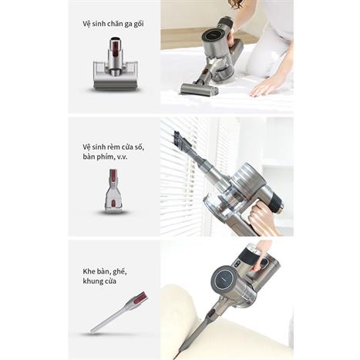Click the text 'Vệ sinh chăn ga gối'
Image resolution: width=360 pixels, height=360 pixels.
(113, 24)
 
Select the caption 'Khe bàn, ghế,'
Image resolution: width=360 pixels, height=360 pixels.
(105, 271)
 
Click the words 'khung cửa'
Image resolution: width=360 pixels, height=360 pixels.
(99, 281)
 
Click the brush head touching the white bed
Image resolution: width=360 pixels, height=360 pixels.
(199, 88)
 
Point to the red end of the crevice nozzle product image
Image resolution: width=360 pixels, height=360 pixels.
(140, 298)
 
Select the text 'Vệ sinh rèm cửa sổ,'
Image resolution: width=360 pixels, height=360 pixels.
(113, 147)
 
